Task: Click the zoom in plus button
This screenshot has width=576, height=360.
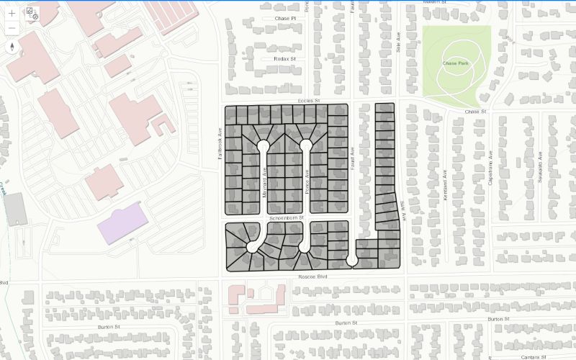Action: [x=12, y=13]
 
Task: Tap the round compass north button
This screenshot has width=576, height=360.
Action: [x=12, y=48]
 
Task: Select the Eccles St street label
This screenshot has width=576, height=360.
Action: [x=307, y=102]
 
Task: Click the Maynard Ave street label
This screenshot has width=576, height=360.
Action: [x=264, y=183]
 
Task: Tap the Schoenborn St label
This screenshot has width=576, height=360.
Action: [x=287, y=217]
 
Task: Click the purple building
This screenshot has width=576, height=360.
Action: [x=123, y=219]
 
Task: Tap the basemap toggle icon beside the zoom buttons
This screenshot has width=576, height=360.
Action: [x=32, y=12]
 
